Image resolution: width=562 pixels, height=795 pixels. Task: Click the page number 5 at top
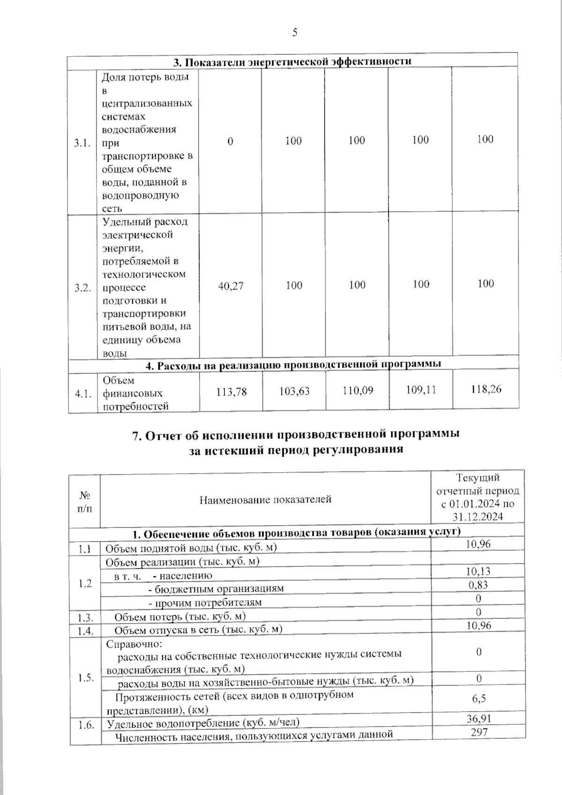[295, 32]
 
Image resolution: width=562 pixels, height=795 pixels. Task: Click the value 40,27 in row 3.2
[231, 286]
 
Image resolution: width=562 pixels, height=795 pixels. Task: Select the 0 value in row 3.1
[230, 141]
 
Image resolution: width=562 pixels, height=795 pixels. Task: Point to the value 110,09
[357, 390]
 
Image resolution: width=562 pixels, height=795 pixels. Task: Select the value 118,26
[485, 389]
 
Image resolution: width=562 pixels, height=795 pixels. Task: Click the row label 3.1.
[82, 143]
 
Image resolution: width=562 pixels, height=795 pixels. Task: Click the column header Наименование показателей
[266, 499]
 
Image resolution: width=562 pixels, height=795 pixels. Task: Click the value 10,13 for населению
[478, 571]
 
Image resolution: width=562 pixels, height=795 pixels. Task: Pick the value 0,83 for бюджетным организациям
[478, 585]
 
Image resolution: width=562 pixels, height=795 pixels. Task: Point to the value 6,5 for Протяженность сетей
[479, 698]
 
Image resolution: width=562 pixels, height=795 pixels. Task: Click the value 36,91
[479, 718]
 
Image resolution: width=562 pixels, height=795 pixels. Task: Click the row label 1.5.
[85, 678]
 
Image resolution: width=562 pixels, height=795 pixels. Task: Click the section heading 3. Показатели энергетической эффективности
[293, 61]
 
